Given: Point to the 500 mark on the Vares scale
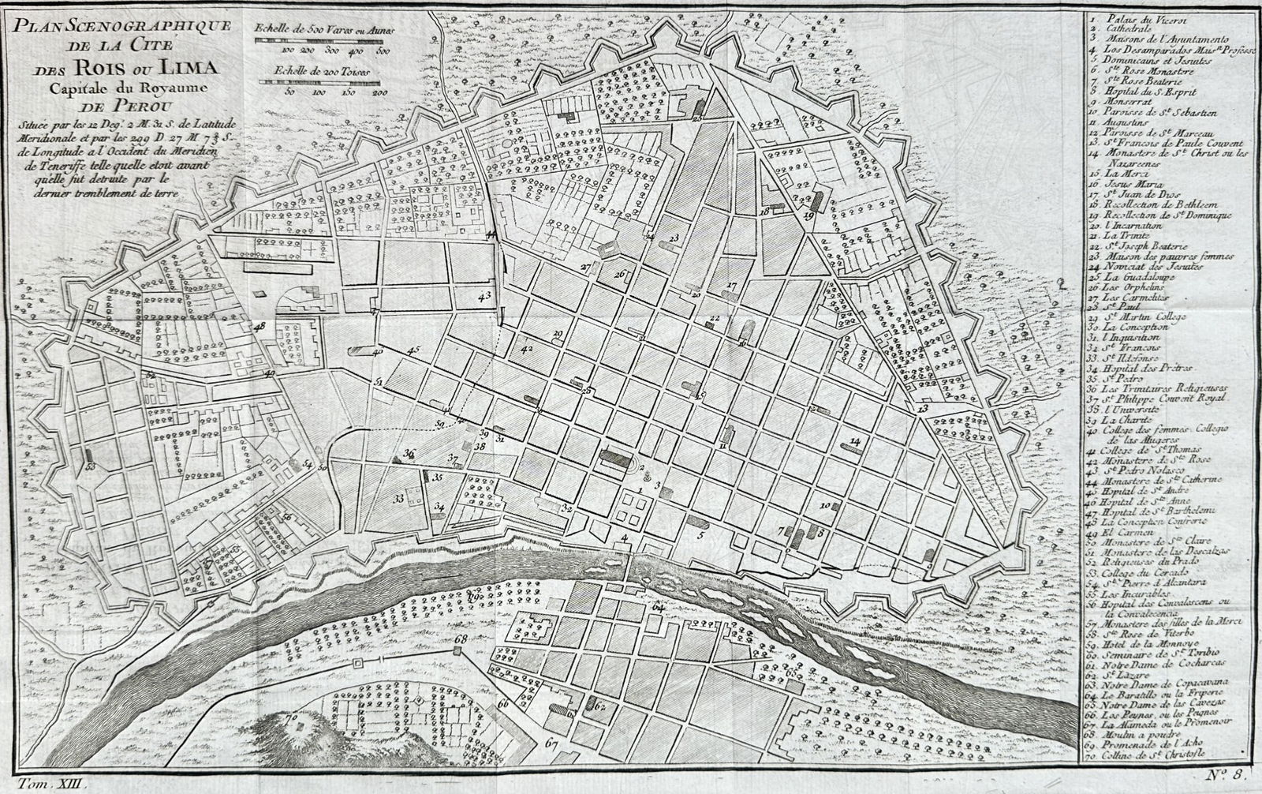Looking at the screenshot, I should (383, 50).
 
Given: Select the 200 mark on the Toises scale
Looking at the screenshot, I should (379, 92).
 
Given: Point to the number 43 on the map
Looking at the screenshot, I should (484, 294).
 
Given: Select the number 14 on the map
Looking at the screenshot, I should (855, 440).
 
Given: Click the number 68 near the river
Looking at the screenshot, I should (461, 638).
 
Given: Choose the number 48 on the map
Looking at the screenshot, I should (259, 325).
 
